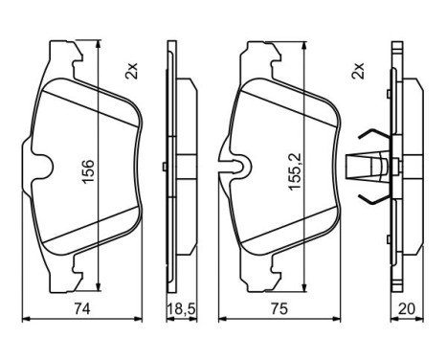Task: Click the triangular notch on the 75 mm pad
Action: [233, 169]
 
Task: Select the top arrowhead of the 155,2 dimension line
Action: [304, 48]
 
